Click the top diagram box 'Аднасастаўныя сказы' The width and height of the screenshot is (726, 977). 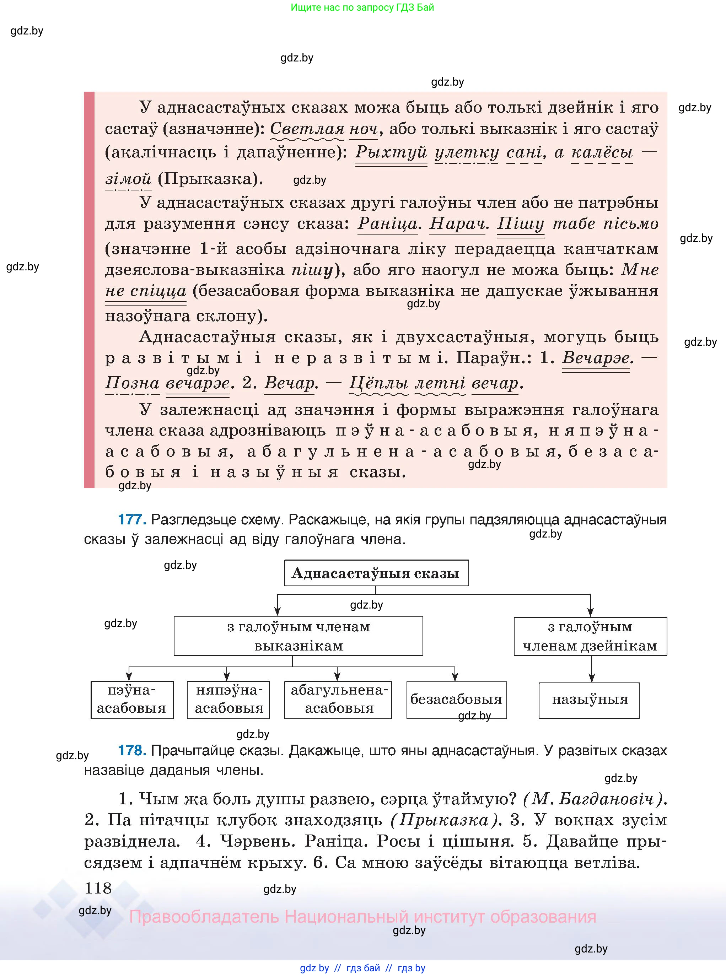[376, 573]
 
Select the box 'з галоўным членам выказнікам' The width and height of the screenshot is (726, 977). [299, 636]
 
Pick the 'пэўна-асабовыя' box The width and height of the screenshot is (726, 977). [132, 700]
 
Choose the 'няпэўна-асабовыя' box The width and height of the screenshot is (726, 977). [228, 700]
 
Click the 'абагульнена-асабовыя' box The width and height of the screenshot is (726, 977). [338, 700]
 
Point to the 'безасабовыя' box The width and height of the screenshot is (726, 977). [456, 700]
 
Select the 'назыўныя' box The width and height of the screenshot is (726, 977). [589, 700]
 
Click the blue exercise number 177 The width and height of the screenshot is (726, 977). [132, 519]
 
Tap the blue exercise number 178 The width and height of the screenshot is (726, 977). [132, 750]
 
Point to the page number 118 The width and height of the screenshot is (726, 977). [98, 888]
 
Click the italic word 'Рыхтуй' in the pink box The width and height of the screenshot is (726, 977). [391, 152]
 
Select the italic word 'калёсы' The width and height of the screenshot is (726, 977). [602, 152]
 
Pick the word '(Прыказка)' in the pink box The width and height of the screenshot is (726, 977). [210, 179]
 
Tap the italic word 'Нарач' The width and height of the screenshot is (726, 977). [458, 223]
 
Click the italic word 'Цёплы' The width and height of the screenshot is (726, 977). [378, 383]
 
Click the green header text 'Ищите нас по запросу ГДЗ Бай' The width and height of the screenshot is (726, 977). [362, 7]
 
